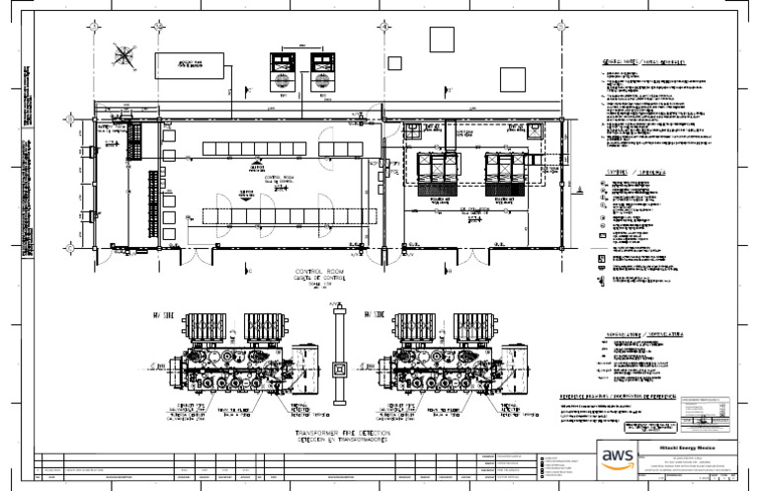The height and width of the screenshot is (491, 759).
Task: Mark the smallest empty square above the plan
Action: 394,63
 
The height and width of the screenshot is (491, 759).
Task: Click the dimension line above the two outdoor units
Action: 302,42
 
